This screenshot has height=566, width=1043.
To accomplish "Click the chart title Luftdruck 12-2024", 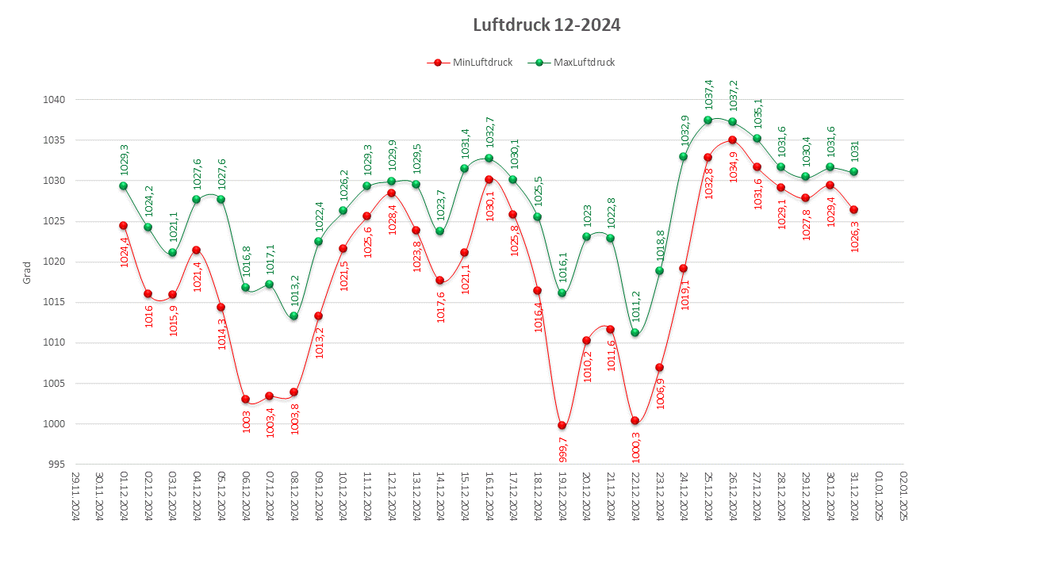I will pos(546,25).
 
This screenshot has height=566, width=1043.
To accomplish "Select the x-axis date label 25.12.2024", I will pos(708,496).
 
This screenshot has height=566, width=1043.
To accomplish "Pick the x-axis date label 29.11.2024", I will pos(75,496).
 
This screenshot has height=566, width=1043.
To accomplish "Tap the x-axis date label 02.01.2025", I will pos(903,496).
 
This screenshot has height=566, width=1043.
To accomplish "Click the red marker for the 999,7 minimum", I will pos(562,425).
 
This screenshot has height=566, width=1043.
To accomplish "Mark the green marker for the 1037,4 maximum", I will pos(707,120).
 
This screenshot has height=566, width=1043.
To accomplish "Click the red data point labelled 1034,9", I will pos(732,140).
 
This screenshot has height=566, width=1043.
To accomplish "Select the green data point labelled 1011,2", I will pos(635,332).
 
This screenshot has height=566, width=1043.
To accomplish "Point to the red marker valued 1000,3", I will pos(635,420).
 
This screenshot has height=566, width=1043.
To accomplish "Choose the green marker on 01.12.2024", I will pos(123,185).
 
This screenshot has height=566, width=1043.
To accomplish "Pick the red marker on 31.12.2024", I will pos(853,209).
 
